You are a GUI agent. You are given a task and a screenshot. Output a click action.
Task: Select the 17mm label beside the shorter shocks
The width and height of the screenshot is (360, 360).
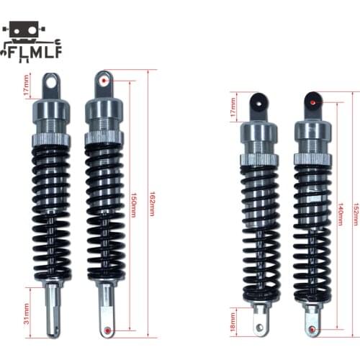(232, 106)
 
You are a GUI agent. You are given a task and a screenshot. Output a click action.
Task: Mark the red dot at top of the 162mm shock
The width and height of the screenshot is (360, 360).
(106, 82)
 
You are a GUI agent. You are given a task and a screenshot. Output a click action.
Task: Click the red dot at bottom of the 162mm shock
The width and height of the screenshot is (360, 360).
(108, 330)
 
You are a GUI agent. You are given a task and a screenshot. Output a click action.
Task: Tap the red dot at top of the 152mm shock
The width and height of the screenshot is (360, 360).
(314, 103)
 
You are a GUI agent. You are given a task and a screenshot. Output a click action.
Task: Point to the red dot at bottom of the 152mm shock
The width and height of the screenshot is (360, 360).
(313, 329)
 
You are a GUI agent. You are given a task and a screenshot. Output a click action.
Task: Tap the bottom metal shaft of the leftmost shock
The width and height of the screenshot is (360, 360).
(51, 310)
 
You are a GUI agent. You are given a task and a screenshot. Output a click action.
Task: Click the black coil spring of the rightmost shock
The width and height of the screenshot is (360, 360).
(312, 216)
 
